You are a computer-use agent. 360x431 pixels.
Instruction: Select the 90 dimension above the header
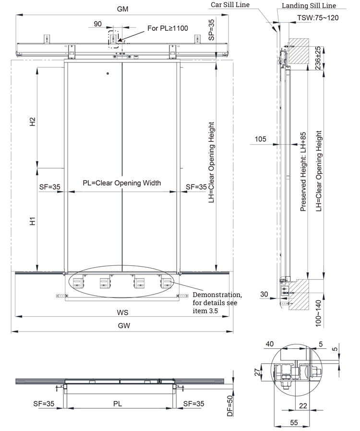pyautogui.click(x=97, y=24)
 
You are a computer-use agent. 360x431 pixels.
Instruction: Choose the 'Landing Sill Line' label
pyautogui.click(x=308, y=6)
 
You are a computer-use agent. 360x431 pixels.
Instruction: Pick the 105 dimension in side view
pyautogui.click(x=260, y=139)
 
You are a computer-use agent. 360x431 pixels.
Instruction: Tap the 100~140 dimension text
pyautogui.click(x=319, y=314)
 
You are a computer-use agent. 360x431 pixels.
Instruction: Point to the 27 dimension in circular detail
pyautogui.click(x=258, y=371)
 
